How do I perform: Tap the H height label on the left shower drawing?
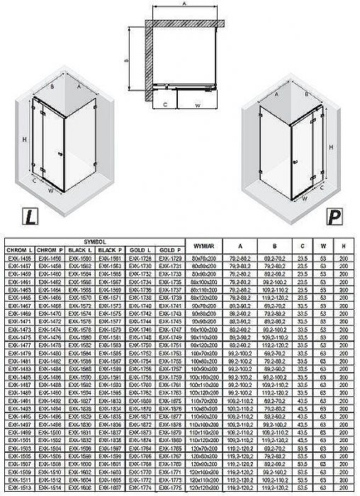[x=25, y=140]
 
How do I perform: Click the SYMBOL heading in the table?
[x=95, y=242]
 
